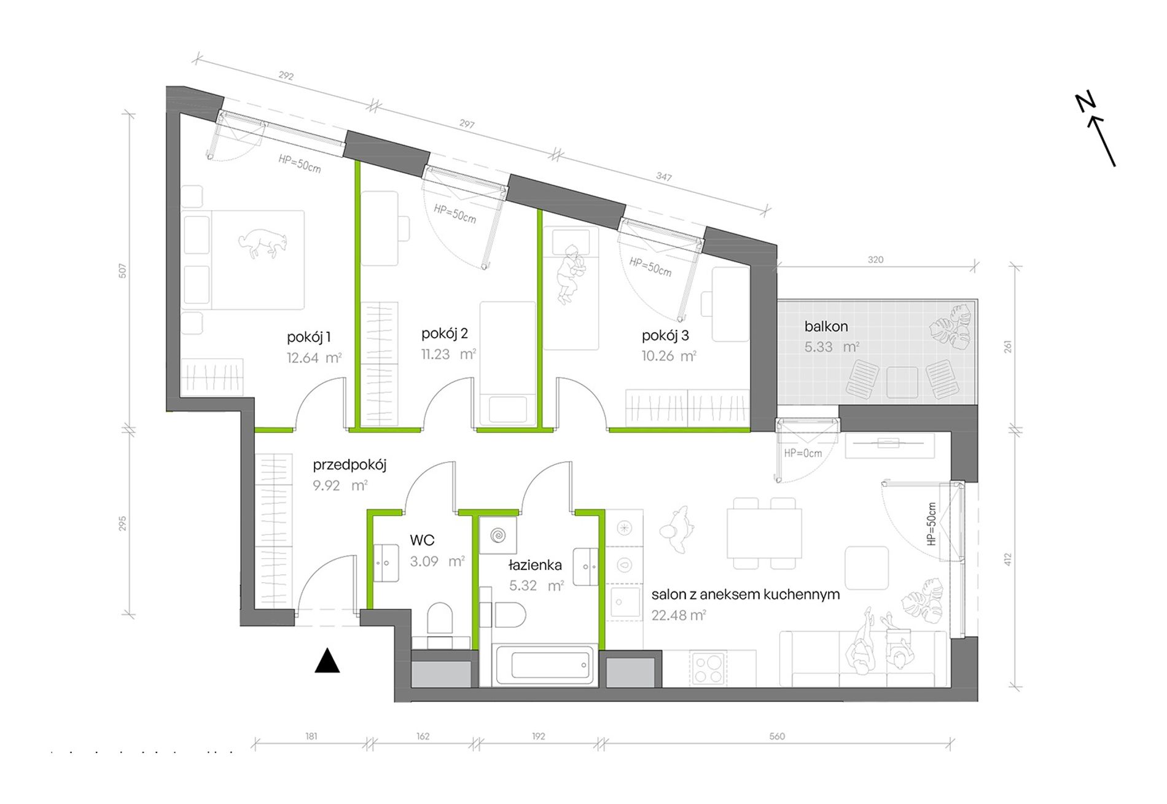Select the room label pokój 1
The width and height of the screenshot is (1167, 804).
[309, 337]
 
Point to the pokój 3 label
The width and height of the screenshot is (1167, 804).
[665, 335]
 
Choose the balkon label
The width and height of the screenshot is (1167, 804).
[826, 326]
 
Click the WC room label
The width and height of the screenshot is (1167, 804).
[422, 540]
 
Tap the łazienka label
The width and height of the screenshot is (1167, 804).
[535, 564]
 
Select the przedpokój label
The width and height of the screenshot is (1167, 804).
[349, 465]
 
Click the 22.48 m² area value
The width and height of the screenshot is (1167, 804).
[679, 615]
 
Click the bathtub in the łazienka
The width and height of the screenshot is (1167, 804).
[545, 665]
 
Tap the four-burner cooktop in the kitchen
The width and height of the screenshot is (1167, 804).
[708, 668]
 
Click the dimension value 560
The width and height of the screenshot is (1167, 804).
[777, 736]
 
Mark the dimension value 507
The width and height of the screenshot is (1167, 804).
[123, 271]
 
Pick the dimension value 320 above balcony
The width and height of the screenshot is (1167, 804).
[876, 260]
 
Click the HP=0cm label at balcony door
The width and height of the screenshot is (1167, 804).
[803, 453]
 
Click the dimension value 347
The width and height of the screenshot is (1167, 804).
[663, 176]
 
